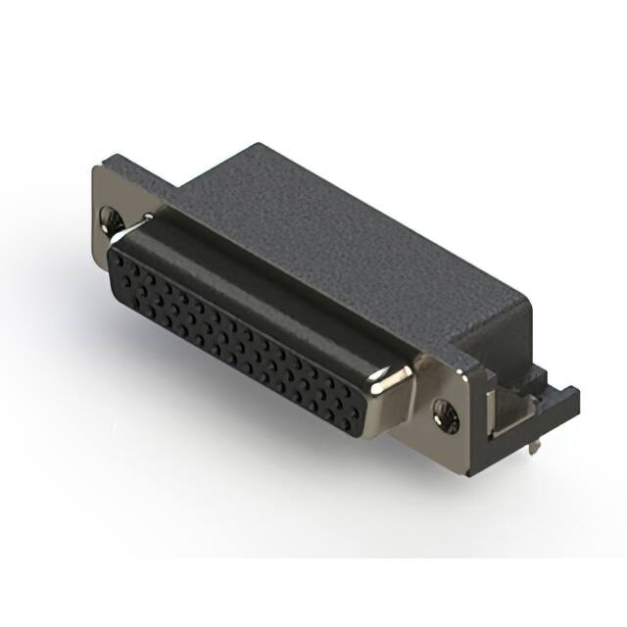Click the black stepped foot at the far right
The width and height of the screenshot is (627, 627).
pos(563,402)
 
